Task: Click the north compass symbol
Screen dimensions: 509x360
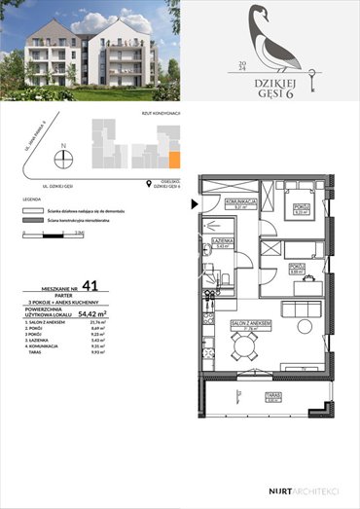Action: tap(63, 157)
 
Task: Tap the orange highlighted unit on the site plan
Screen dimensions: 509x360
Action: tap(175, 160)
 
